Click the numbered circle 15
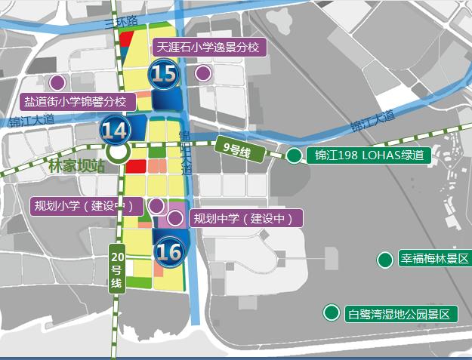164,75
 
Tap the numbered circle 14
116,130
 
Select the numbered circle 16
168,251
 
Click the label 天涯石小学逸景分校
208,48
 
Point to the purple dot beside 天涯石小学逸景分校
202,73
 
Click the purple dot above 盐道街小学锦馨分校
56,82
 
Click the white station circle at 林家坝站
117,152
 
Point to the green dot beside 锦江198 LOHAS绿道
294,156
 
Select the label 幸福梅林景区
434,259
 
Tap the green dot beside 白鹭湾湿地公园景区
331,312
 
